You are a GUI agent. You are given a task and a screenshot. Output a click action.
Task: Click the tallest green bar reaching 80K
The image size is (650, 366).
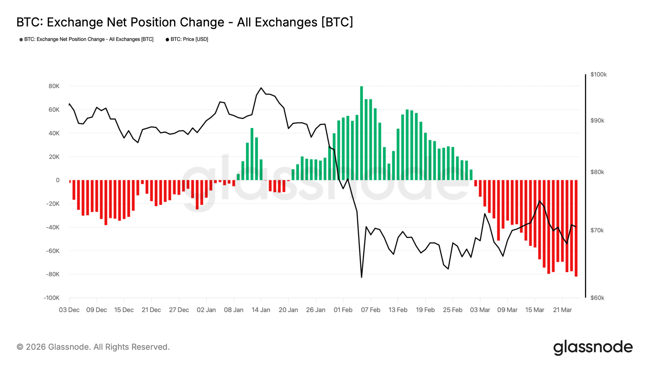361,132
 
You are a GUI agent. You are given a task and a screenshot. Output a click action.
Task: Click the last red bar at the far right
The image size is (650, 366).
576,229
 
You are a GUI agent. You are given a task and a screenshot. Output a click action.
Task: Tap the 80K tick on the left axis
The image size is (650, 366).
54,86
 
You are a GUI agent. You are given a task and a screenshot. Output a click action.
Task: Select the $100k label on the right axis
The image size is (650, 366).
598,74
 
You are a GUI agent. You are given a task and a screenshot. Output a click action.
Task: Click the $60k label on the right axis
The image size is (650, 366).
597,298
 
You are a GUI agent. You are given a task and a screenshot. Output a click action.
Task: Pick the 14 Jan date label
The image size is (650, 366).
261,310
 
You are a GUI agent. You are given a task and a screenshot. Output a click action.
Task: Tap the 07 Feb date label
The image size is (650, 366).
370,310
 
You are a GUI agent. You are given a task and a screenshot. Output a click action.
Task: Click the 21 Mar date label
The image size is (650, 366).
562,310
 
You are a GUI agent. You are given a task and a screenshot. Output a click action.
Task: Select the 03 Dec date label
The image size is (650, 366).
69,310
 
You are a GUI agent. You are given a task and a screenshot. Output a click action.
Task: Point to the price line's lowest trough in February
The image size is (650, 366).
361,277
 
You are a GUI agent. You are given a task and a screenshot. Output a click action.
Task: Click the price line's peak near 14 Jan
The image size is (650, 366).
261,88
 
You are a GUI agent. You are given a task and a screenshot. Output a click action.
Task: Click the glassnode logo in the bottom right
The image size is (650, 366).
593,347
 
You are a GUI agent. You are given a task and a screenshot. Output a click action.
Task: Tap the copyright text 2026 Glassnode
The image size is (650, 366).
93,347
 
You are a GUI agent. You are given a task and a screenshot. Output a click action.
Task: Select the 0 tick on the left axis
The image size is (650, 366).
58,180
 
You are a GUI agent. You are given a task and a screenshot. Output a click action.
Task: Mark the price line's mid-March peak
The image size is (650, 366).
540,201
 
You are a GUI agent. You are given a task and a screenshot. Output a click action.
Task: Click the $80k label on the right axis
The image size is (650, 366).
597,172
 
